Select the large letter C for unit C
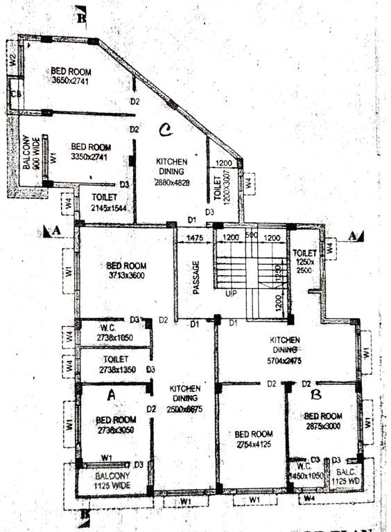point(165,130)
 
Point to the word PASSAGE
point(196,277)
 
